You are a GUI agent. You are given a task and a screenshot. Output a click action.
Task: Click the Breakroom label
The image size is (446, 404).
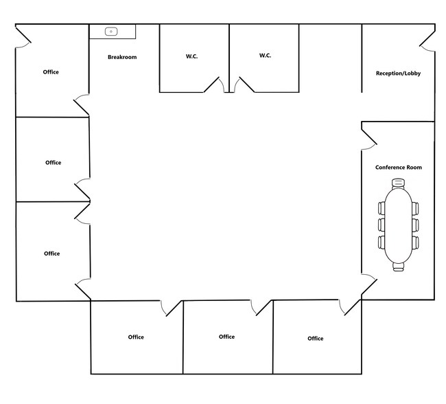coord(122,57)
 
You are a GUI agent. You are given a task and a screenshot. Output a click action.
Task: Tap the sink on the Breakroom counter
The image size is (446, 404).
coord(111,32)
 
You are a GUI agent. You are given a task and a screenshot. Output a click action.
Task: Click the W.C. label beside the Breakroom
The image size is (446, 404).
coord(191,56)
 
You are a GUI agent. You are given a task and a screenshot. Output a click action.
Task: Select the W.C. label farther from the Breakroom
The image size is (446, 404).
coord(265,56)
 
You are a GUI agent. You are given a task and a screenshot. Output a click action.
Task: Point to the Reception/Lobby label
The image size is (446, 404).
coord(398,74)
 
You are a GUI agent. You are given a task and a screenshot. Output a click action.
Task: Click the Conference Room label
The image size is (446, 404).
coord(399,167)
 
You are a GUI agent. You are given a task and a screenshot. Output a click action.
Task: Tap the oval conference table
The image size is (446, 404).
coord(398,225)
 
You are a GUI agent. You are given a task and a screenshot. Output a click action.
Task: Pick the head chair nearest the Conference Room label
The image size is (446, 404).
coord(398,183)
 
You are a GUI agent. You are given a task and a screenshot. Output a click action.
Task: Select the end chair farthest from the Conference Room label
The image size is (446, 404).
coord(398,267)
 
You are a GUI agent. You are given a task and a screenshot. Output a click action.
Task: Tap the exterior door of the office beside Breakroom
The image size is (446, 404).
coord(23,36)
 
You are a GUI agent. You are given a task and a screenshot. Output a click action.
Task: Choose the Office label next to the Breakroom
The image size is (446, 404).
coord(51,72)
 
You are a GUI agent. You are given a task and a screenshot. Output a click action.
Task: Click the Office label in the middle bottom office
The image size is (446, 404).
coord(226,337)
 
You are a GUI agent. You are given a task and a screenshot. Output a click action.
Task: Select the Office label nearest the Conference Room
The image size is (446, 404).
coord(316,339)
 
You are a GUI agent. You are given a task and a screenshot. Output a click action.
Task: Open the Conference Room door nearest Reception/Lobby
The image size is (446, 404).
coord(369,139)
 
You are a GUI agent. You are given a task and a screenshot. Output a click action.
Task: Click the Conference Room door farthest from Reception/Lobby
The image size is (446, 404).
coord(369,284)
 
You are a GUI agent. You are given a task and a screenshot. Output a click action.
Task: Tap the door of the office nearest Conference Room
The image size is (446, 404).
coord(349,307)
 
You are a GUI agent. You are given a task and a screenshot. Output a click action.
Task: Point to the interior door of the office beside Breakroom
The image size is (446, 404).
coord(82,104)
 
